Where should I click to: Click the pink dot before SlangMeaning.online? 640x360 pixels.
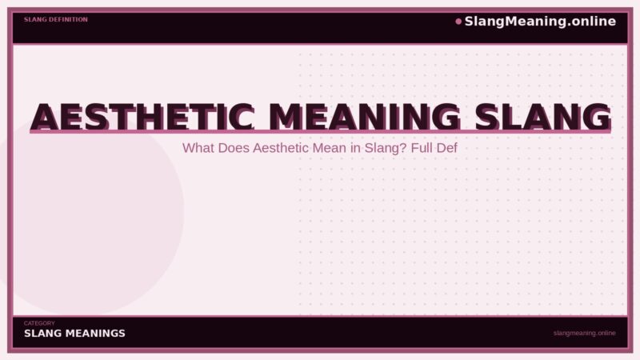(458, 22)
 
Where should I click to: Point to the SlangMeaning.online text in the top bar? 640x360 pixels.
(540, 22)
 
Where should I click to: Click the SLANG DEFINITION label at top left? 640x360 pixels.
(56, 19)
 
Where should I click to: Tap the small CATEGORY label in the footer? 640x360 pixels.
(39, 323)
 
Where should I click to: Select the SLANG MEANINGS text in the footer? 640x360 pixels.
(74, 334)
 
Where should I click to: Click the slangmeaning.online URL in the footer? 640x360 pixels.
(584, 333)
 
